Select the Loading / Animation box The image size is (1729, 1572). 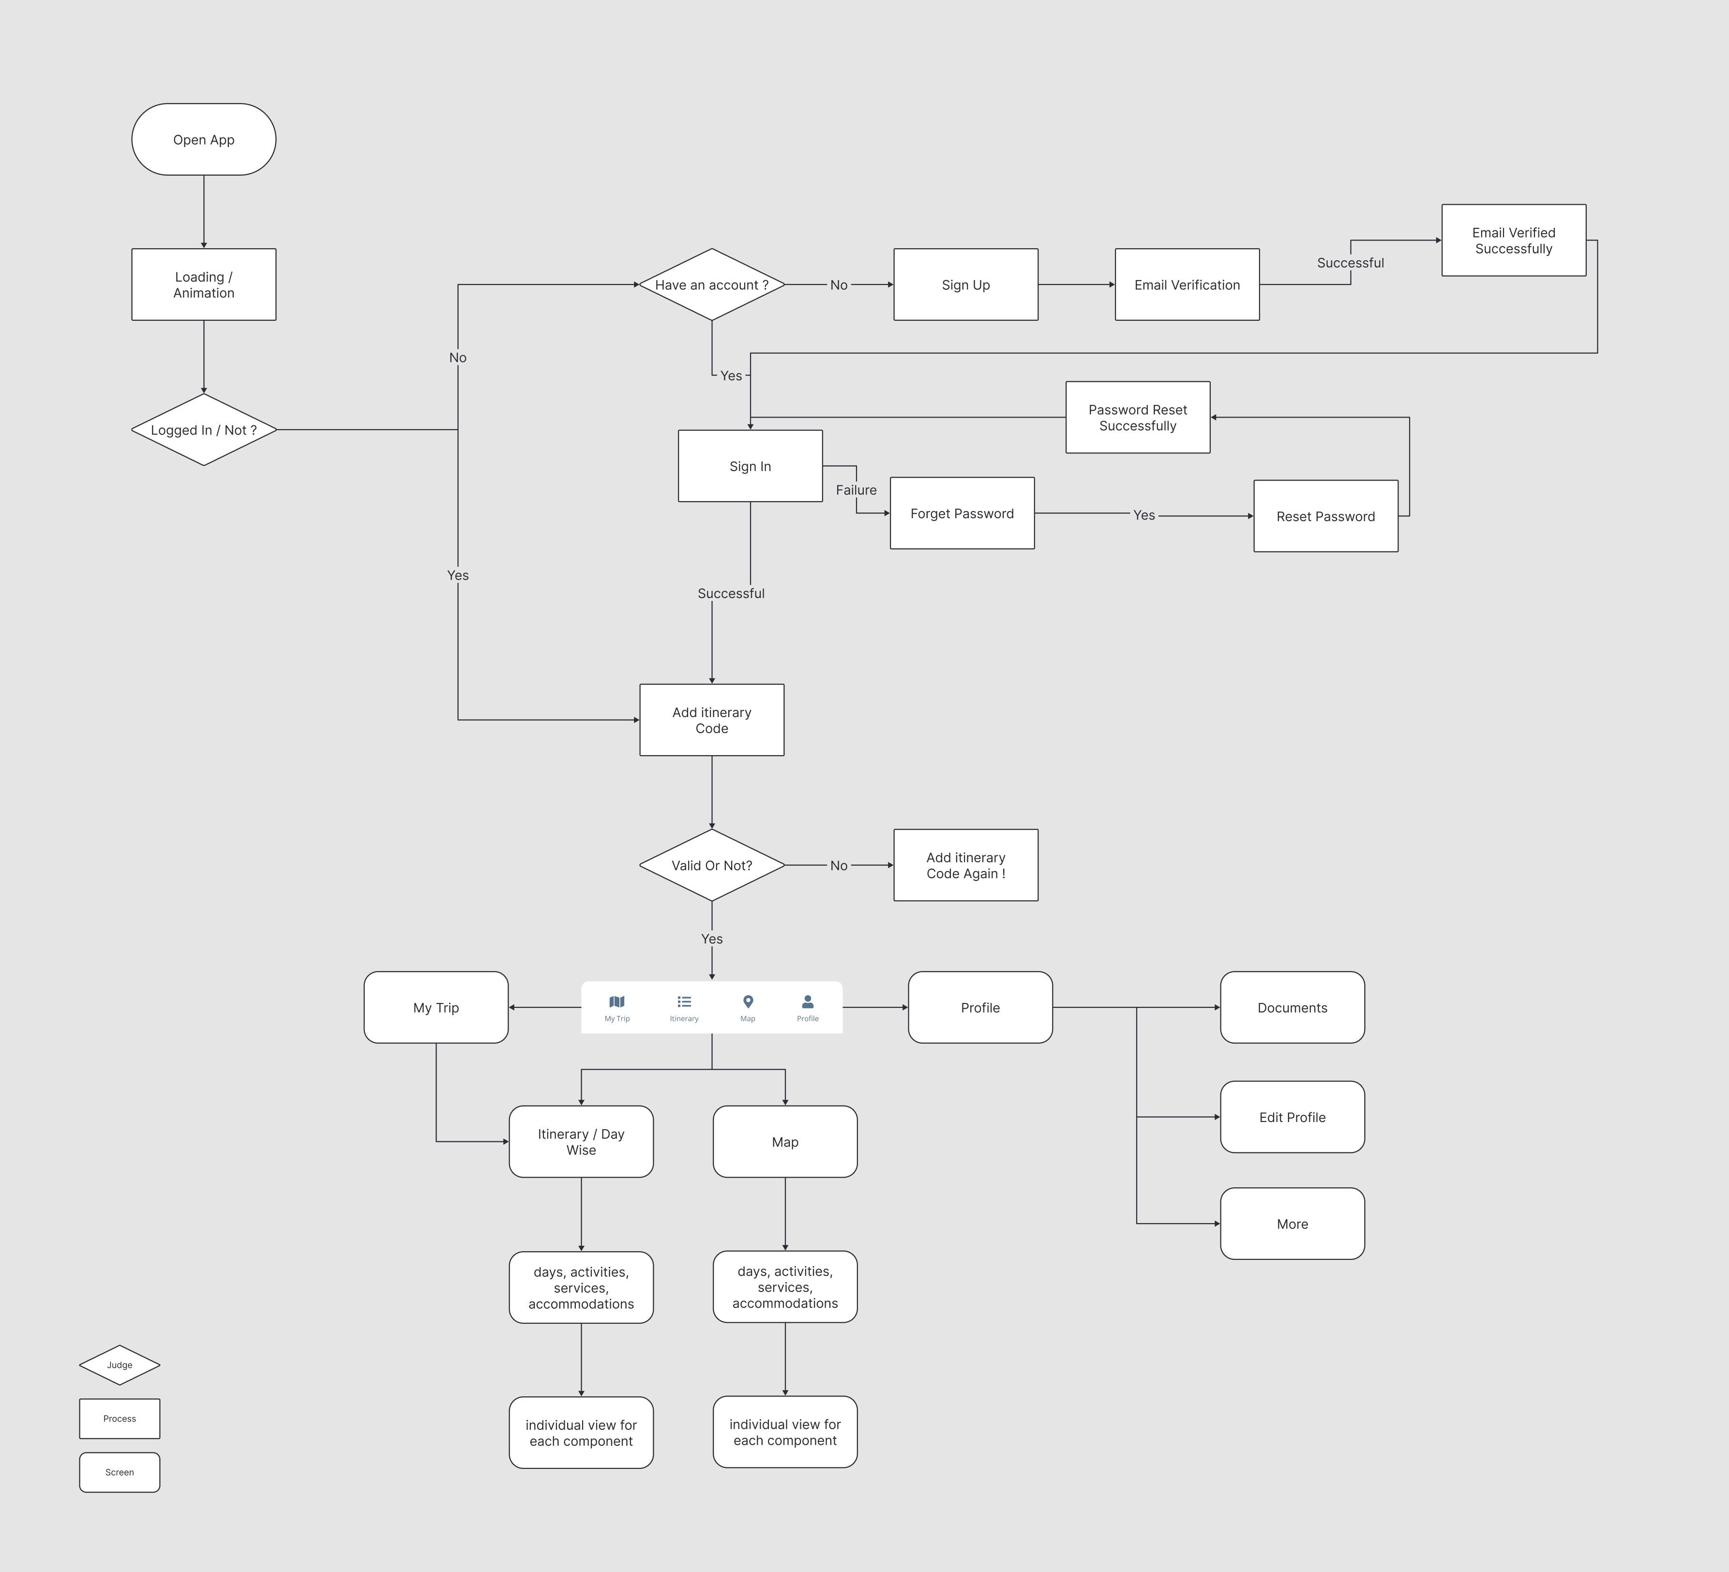(203, 284)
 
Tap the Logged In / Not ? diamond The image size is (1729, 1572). (203, 430)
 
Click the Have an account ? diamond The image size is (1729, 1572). (712, 284)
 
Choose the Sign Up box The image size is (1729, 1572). (966, 284)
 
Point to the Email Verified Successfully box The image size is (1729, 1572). (1514, 240)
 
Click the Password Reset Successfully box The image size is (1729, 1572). (1138, 418)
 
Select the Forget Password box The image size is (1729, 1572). (962, 513)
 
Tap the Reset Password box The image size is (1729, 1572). (1326, 516)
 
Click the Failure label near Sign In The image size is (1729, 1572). (856, 490)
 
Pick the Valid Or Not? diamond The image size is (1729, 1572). (712, 865)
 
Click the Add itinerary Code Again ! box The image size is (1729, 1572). (966, 865)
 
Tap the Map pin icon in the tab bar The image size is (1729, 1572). (748, 1002)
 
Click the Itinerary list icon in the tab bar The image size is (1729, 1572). (684, 1002)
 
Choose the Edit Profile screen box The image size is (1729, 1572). (1293, 1117)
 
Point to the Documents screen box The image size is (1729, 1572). (1293, 1008)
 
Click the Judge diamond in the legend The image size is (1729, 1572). (119, 1364)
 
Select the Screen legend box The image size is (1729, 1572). (119, 1472)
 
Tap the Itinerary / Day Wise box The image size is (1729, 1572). (582, 1141)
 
